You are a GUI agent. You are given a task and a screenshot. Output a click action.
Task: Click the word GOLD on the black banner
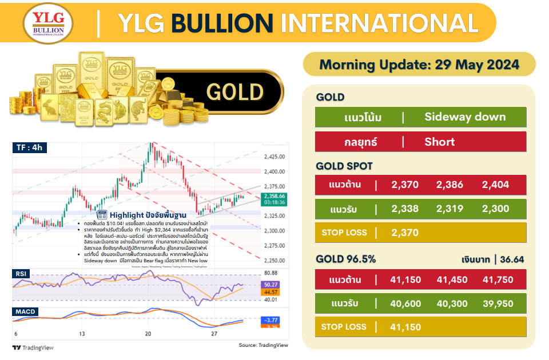coord(234,92)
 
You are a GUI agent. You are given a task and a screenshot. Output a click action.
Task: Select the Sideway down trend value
coord(465,117)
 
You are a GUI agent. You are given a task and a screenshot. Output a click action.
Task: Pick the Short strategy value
coord(439,142)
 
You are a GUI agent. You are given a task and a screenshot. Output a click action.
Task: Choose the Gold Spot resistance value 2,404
coord(495,185)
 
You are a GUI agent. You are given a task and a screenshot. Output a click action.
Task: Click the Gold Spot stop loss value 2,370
coord(405,233)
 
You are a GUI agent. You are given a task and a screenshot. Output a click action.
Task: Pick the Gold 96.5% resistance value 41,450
coord(452,279)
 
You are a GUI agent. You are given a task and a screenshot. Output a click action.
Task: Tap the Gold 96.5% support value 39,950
coord(498,303)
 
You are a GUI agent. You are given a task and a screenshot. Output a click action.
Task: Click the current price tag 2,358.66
coord(273,196)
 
